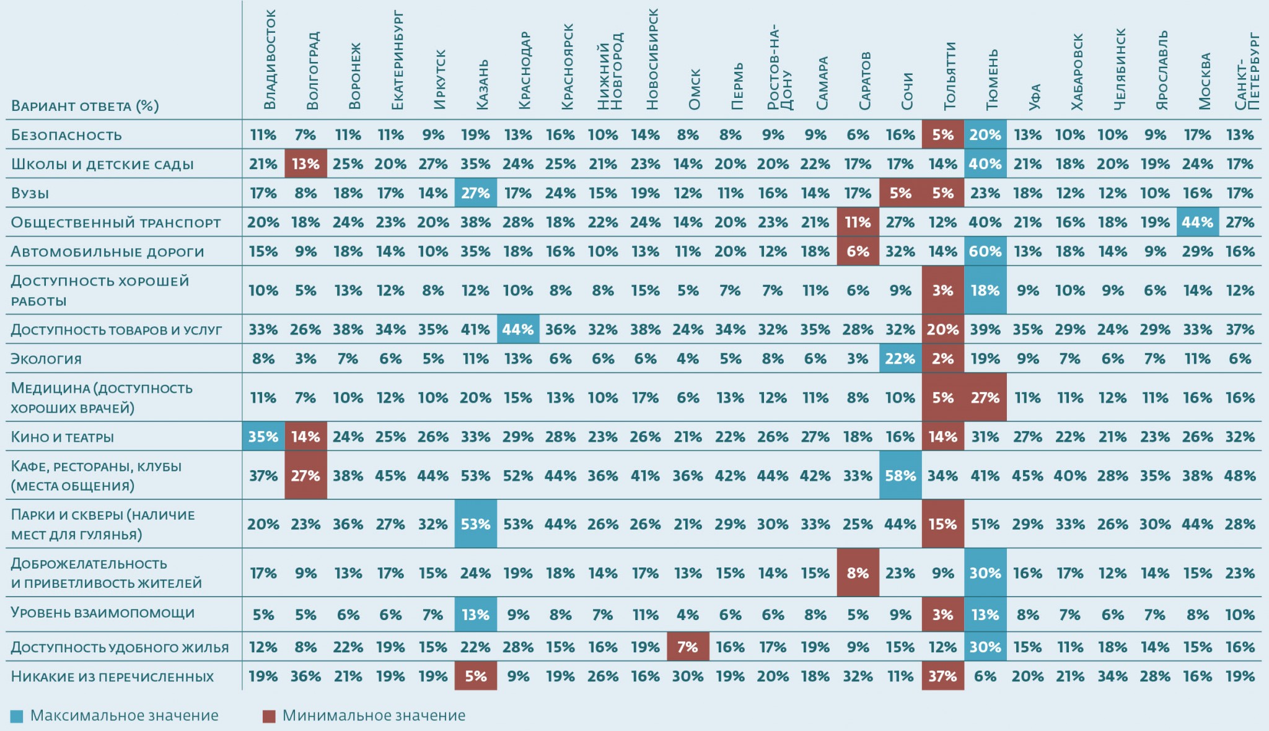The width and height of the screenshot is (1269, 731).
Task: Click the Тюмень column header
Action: pyautogui.click(x=992, y=79)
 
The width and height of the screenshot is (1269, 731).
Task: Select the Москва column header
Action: pyautogui.click(x=1205, y=81)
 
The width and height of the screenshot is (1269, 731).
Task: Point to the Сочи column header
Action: pyautogui.click(x=907, y=91)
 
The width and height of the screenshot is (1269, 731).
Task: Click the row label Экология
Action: pyautogui.click(x=46, y=359)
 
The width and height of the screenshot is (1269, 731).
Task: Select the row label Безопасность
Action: pyautogui.click(x=66, y=135)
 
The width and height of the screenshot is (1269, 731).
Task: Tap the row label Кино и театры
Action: pyautogui.click(x=63, y=437)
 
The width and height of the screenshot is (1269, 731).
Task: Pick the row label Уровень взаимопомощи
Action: pyautogui.click(x=103, y=613)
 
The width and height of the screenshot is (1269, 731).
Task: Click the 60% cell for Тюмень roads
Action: pyautogui.click(x=985, y=252)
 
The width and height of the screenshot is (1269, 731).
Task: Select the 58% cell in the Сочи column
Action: pyautogui.click(x=900, y=476)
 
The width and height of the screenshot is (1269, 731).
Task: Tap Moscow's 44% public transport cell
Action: pyautogui.click(x=1197, y=222)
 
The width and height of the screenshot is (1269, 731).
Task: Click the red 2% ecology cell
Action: pyautogui.click(x=942, y=359)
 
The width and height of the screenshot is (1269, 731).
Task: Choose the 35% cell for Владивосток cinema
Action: pyautogui.click(x=263, y=437)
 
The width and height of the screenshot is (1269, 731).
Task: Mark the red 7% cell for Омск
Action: pyautogui.click(x=688, y=647)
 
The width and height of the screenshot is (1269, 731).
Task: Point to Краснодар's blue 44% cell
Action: pyautogui.click(x=518, y=330)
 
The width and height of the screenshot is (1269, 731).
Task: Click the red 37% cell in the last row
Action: pyautogui.click(x=942, y=676)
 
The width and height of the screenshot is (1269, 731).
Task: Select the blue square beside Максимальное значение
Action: pyautogui.click(x=17, y=716)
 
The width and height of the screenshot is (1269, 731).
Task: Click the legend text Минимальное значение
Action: pyautogui.click(x=374, y=716)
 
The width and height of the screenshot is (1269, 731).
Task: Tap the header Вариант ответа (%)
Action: pyautogui.click(x=85, y=106)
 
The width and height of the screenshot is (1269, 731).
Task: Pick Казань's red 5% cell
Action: pyautogui.click(x=475, y=676)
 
